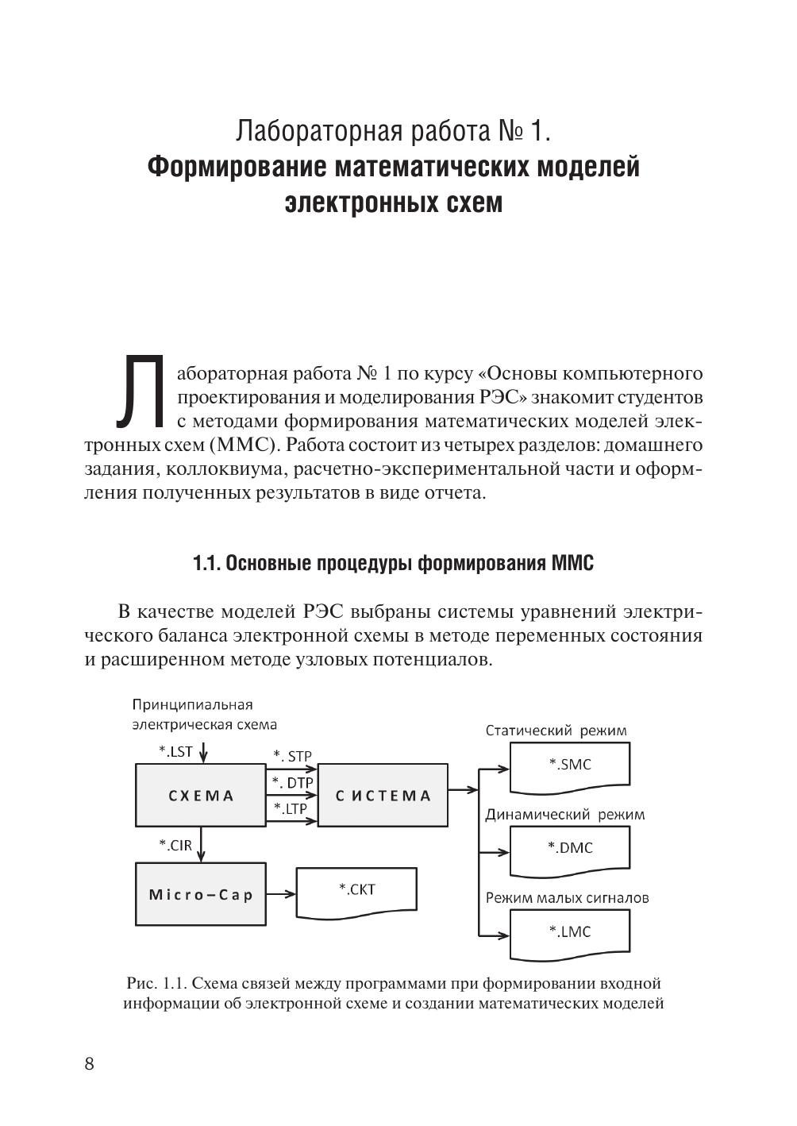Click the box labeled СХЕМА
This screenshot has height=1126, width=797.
pos(201,795)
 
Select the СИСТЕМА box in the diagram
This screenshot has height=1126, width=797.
pos(383,795)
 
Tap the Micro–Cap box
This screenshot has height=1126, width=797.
pos(201,894)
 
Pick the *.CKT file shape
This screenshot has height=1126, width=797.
pos(356,890)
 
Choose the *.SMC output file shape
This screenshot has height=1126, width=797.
pos(570,765)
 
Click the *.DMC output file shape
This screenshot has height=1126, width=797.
pos(570,849)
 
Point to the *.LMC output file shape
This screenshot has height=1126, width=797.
pos(570,932)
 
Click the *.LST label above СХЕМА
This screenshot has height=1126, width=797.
pos(175,751)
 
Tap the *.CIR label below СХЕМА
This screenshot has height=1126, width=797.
pos(175,845)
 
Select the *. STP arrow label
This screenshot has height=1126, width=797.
pos(292,756)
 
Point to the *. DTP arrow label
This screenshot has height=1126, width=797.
pos(292,782)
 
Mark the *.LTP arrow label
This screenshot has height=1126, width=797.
pos(291,808)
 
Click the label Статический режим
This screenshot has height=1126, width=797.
pos(556,731)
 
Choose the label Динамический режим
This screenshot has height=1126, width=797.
pos(564,814)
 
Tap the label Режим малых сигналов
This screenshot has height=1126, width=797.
pos(567,898)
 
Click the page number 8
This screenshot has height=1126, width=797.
pos(89,1064)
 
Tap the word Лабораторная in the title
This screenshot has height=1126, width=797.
pos(318,130)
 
